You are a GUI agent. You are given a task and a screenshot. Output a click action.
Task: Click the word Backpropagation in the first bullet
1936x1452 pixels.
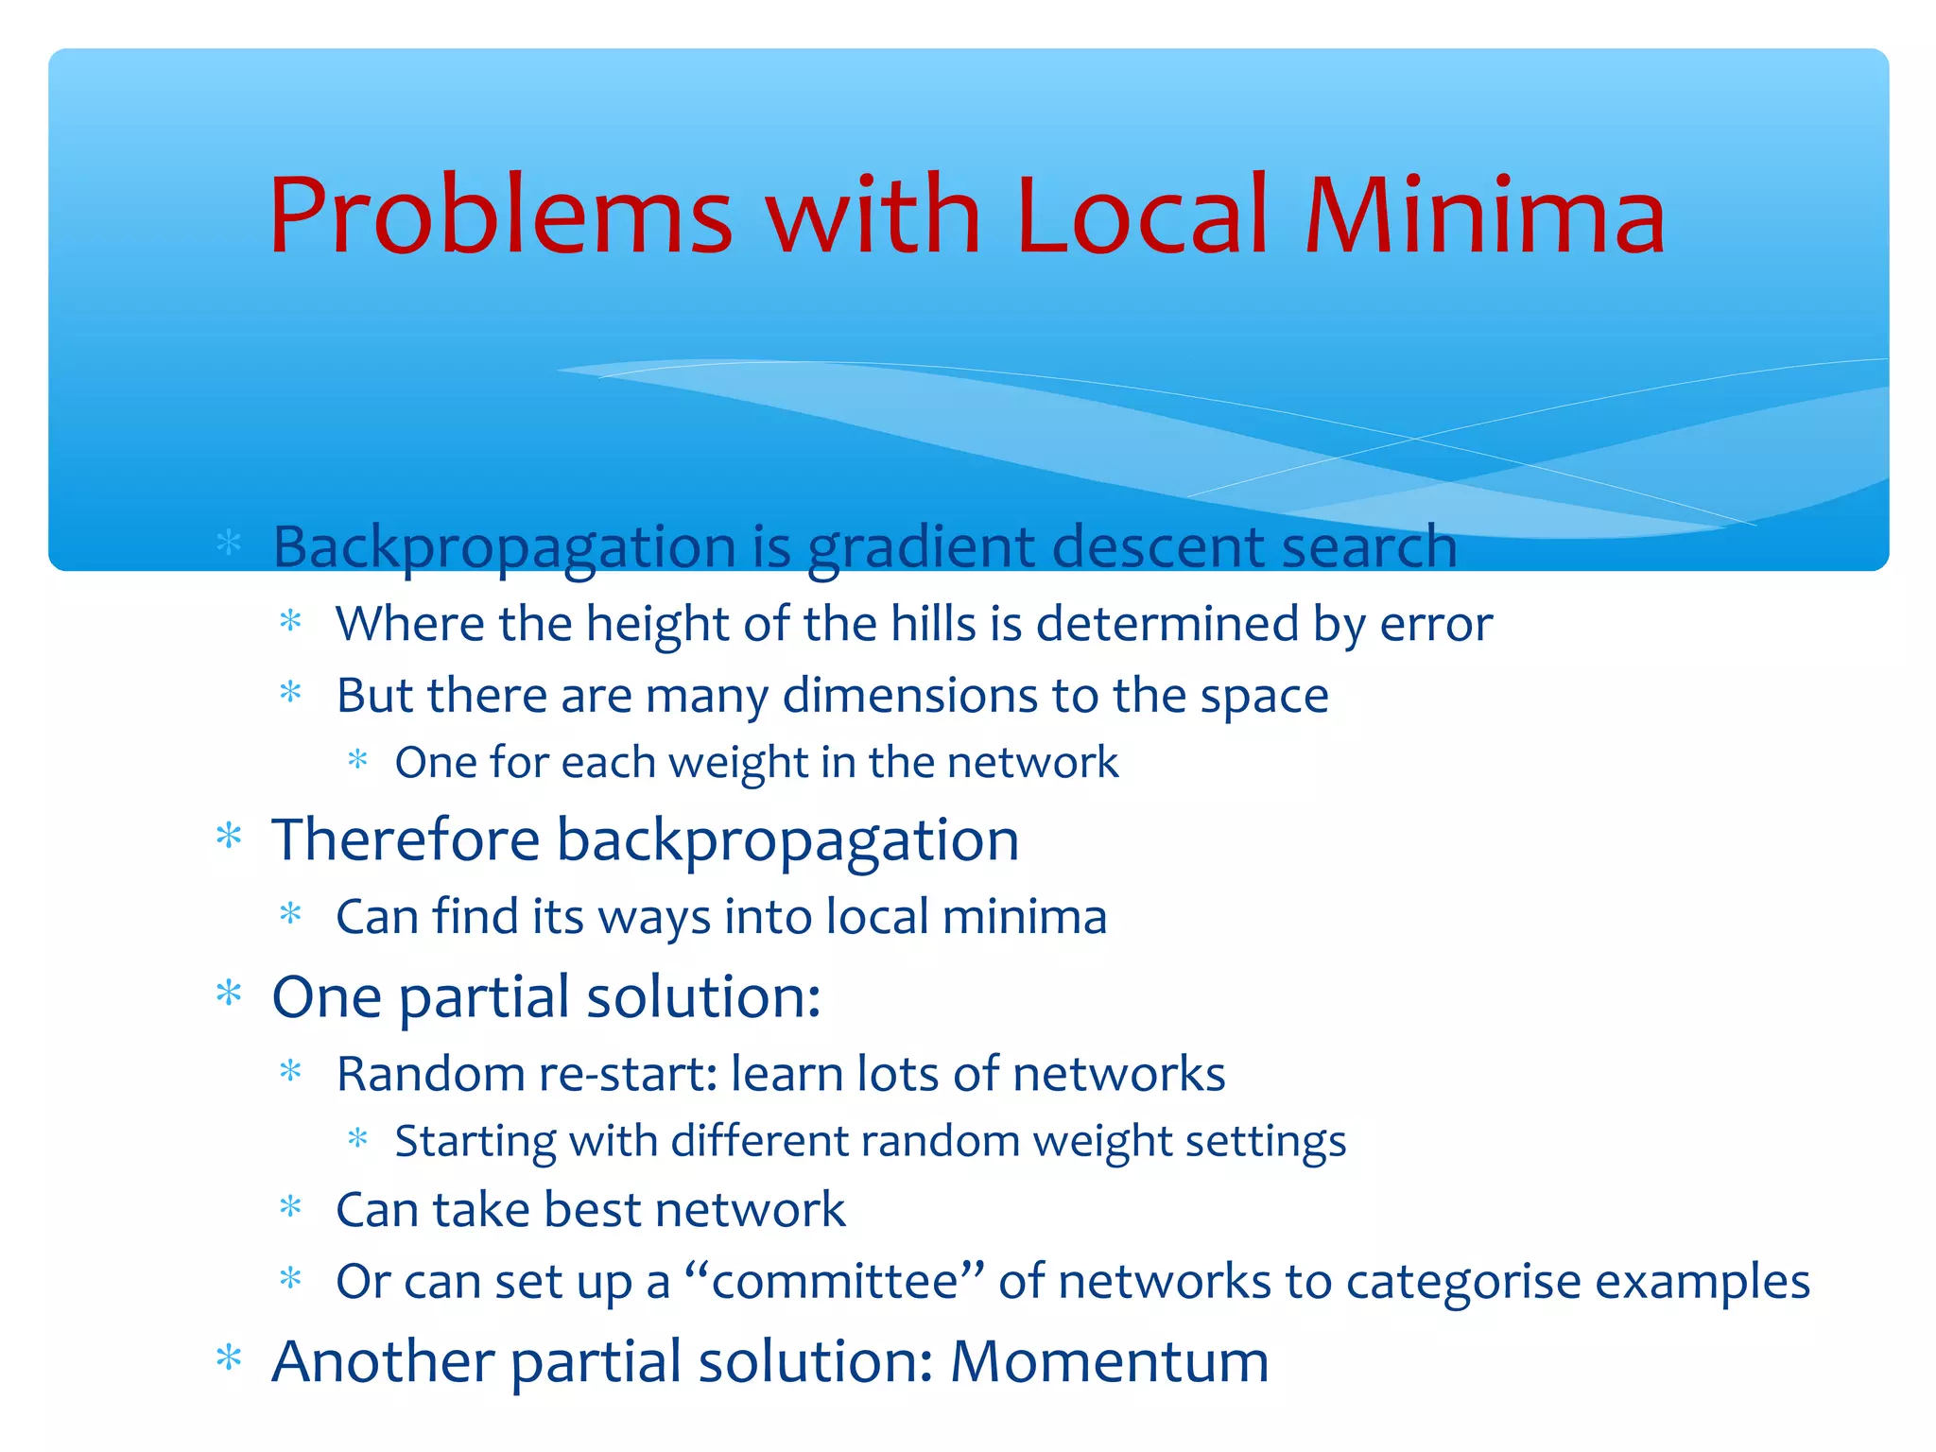504,548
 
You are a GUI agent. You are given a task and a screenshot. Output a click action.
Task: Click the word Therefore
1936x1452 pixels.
406,839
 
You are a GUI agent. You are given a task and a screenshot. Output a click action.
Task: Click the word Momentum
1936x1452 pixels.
1109,1361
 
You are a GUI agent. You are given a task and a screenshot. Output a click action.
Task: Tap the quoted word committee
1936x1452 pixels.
834,1282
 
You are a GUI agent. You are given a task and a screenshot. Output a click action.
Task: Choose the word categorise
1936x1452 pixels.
1462,1282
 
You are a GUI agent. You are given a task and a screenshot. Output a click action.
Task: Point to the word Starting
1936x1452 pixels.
475,1141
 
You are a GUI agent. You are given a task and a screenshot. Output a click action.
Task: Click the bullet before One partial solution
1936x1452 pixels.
229,994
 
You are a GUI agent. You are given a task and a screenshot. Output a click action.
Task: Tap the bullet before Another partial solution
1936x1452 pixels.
229,1359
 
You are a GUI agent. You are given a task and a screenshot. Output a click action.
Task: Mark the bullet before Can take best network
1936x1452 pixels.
291,1207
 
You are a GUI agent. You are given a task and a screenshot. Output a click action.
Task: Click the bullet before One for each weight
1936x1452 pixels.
357,759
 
